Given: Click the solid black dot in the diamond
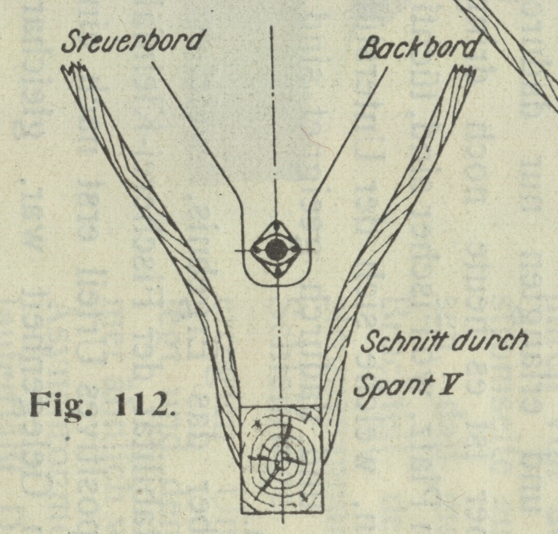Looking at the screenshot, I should click(x=275, y=250).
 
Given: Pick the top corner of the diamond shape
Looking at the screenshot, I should click(x=275, y=220).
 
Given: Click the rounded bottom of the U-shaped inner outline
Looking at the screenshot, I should click(x=275, y=285).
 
